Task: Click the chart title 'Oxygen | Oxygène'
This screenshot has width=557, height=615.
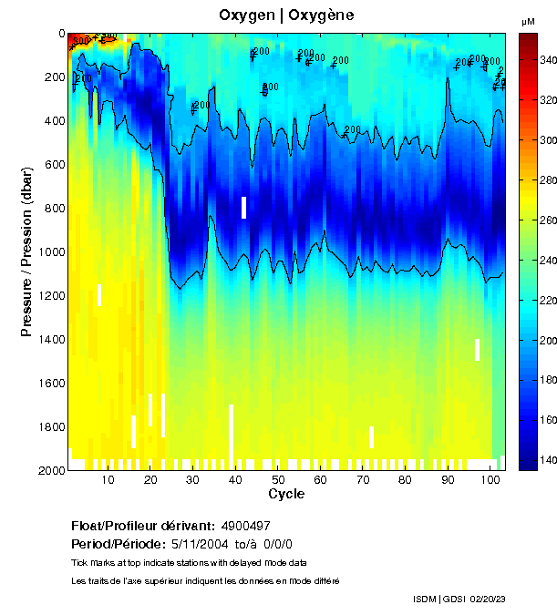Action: click(x=287, y=15)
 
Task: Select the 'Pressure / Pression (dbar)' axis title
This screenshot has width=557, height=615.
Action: click(x=27, y=251)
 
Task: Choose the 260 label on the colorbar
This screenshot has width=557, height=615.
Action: click(x=547, y=220)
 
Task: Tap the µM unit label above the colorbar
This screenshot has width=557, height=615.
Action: click(x=528, y=21)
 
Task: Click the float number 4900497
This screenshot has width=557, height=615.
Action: click(x=246, y=526)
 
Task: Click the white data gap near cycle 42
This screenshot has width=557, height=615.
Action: click(x=244, y=208)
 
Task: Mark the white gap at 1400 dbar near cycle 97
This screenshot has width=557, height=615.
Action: click(x=477, y=349)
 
